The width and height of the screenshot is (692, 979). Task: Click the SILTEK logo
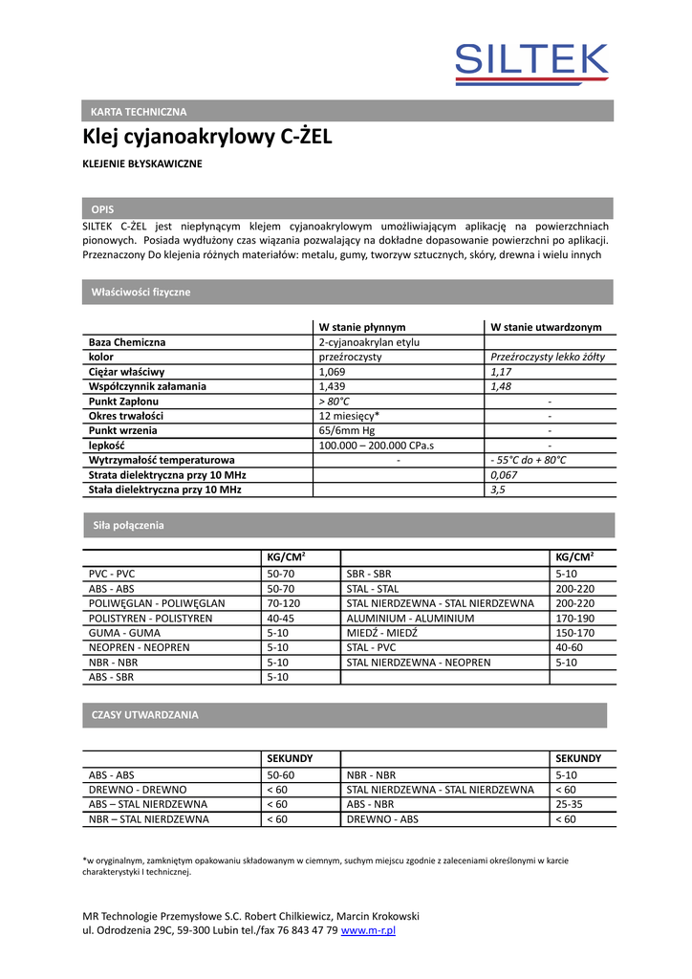point(531,65)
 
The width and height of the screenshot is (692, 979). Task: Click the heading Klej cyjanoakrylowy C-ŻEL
point(207,137)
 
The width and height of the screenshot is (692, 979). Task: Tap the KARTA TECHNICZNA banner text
point(139,112)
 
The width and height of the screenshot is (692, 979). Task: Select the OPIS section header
point(102,208)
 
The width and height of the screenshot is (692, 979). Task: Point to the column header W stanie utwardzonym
point(546,326)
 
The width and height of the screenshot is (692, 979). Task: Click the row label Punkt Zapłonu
point(123,402)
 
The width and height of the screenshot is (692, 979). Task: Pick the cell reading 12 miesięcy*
point(349,417)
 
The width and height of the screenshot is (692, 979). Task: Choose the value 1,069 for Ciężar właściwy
point(332,372)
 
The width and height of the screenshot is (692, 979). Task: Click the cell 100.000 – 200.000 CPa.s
point(376,446)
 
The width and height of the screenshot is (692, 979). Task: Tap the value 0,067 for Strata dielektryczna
point(504,475)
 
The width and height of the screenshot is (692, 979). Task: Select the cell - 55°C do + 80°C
point(528,461)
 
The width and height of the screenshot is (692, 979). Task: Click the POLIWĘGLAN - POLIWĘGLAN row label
point(157,603)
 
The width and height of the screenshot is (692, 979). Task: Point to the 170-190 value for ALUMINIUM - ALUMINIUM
point(574,619)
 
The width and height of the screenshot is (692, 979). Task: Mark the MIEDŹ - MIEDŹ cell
point(378,633)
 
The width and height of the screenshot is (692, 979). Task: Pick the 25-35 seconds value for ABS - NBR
point(569,804)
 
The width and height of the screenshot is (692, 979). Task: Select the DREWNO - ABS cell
point(382,819)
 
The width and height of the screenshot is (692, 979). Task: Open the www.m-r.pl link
point(368,930)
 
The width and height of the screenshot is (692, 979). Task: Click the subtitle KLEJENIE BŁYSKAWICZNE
point(142,164)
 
